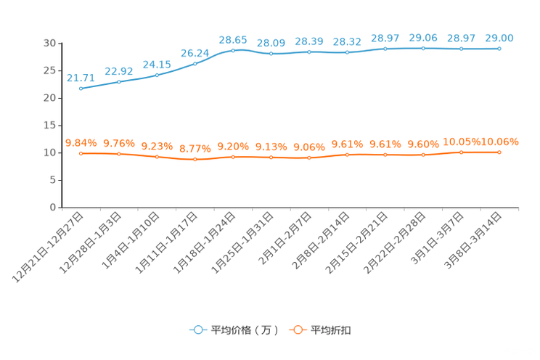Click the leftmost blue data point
(81, 89)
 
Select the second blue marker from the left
(119, 81)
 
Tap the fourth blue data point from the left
(195, 63)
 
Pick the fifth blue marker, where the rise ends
(233, 50)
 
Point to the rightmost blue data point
(499, 49)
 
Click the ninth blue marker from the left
(385, 49)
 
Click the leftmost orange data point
(81, 153)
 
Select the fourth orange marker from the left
(195, 159)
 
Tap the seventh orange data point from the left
(309, 157)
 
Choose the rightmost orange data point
(499, 152)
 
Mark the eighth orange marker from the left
(347, 155)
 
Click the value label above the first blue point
(80, 78)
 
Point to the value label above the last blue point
(499, 38)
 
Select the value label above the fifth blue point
(233, 39)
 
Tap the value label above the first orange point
(80, 142)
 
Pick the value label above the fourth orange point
(195, 149)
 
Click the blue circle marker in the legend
(198, 330)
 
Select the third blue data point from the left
(157, 75)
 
